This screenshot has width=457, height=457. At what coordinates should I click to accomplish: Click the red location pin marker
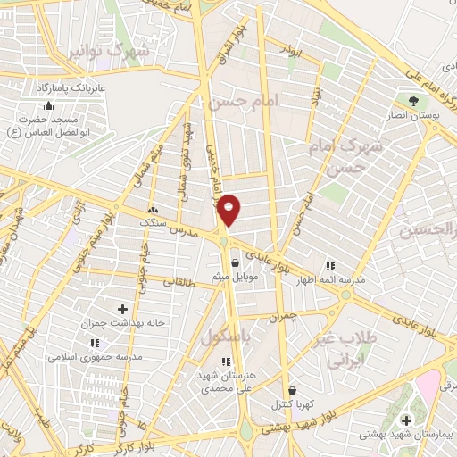point(229,209)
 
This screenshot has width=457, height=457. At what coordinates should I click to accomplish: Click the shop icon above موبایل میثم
point(234,263)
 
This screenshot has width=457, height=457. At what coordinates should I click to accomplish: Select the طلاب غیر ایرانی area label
point(343,352)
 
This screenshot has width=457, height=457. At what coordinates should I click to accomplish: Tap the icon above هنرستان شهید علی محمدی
point(225,361)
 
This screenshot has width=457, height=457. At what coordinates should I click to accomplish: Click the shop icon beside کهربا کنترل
point(292,390)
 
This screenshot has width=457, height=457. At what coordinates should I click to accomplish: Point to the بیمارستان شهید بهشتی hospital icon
point(407,420)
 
